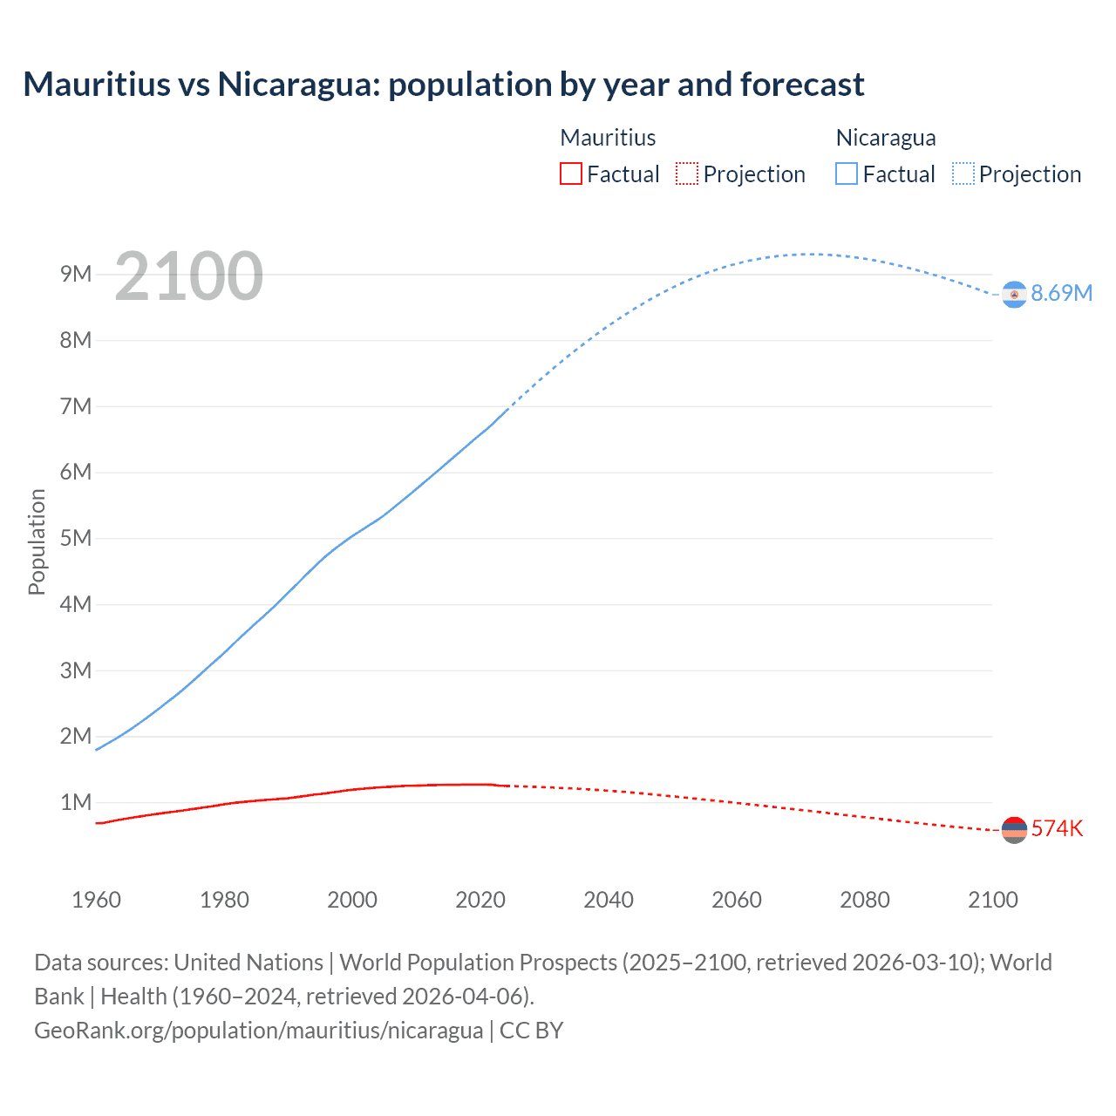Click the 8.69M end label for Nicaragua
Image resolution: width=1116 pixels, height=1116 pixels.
point(1061,294)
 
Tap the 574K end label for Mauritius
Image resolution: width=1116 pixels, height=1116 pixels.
point(1057,828)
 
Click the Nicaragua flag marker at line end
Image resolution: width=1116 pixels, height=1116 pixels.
point(1014,295)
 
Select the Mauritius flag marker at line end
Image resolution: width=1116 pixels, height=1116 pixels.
point(1014,830)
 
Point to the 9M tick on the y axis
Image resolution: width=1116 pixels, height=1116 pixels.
point(76,275)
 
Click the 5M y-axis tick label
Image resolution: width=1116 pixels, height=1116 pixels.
point(76,538)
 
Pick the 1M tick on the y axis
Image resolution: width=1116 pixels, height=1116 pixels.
point(76,802)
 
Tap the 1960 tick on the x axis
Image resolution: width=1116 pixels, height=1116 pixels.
point(96,900)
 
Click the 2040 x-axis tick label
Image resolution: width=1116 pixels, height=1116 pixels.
point(609,900)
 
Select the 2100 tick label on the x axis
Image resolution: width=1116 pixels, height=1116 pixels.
point(992,900)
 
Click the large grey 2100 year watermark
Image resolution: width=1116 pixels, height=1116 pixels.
point(188,276)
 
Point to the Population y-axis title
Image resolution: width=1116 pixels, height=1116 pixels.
point(37,541)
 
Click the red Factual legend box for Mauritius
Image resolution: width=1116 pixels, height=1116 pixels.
point(570,174)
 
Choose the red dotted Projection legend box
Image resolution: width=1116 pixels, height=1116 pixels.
point(687,174)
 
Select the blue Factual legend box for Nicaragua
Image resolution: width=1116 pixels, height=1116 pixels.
point(846,174)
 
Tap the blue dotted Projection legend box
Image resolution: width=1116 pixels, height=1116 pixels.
point(963,174)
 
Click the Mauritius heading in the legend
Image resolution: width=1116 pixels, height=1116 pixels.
point(608,138)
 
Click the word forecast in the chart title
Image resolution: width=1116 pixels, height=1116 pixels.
point(802,85)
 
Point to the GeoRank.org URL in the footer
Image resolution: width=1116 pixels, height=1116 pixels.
point(258,1031)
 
